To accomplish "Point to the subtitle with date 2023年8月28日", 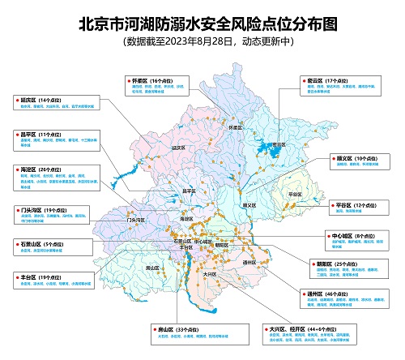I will tap(202, 41).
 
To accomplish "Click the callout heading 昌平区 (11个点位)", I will tap(36, 133).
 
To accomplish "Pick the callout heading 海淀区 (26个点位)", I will tap(36, 169).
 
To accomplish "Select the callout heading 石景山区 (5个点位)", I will tap(37, 242).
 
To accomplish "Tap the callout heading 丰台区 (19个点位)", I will tap(36, 276).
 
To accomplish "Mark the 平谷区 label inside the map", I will tap(294, 195).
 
